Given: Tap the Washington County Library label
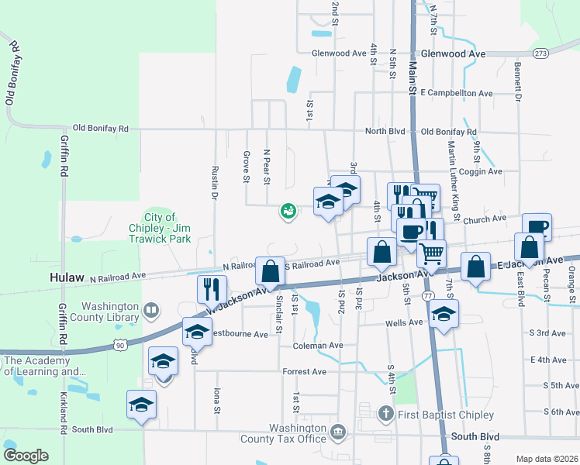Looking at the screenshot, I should [x=112, y=311].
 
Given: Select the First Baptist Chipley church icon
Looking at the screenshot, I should [x=385, y=413].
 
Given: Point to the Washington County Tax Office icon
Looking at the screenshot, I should [x=337, y=431].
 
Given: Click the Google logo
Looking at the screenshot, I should [x=26, y=456].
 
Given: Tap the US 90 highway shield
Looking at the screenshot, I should [x=119, y=342].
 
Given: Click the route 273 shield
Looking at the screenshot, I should [x=540, y=53].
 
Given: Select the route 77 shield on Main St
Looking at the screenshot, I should [x=427, y=296].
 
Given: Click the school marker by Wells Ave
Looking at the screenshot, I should [x=443, y=315].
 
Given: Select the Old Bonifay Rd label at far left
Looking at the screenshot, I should [x=11, y=74].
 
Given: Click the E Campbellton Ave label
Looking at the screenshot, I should [x=457, y=93].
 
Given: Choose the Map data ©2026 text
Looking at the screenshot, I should [x=547, y=459].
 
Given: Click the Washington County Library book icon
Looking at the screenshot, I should [x=152, y=312].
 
